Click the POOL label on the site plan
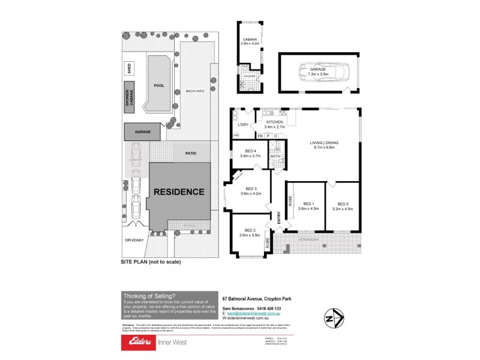[158, 86]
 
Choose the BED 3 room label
[248, 191]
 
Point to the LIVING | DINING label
[324, 145]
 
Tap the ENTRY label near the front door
[278, 221]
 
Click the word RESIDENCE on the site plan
[179, 192]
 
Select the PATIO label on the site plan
[191, 154]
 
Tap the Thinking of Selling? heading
[149, 295]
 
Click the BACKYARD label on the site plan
[195, 91]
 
